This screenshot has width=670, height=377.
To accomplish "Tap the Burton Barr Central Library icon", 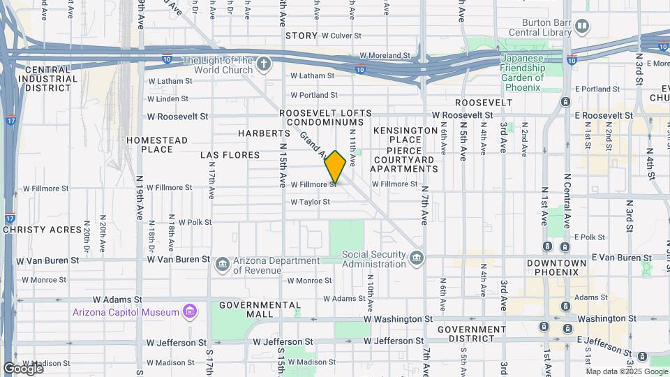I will [582, 27].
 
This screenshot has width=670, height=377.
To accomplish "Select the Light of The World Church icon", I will [263, 65].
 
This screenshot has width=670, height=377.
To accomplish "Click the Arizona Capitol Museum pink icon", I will [188, 311].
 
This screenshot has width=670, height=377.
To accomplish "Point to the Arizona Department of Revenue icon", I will [222, 264].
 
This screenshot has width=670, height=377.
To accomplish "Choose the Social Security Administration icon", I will [417, 259].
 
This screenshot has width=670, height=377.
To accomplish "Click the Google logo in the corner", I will [22, 368].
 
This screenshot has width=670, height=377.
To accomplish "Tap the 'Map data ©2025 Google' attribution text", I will [627, 371].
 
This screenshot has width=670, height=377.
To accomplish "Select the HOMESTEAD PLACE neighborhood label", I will [157, 145].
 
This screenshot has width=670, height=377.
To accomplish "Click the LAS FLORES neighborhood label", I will [230, 155].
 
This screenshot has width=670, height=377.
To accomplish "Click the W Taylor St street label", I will [310, 202].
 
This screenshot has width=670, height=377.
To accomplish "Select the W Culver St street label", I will [341, 35].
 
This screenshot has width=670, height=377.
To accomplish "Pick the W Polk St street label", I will [195, 222].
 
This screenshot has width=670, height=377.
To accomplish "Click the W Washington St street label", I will [398, 318].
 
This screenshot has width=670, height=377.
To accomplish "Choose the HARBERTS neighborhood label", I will [263, 133].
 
